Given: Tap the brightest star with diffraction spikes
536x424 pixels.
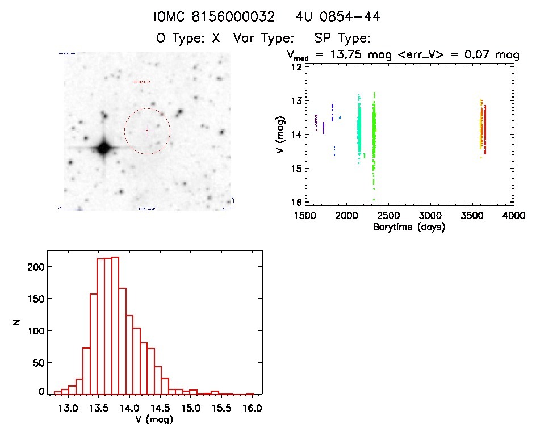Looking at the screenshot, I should coord(103,149).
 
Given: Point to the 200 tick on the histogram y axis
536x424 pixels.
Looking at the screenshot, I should coord(35,267).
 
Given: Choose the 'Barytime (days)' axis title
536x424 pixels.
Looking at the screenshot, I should coord(409,227).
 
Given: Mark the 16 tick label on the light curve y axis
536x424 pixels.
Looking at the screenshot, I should coord(296,202).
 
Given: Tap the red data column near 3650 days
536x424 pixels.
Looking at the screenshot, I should coord(485,129).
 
